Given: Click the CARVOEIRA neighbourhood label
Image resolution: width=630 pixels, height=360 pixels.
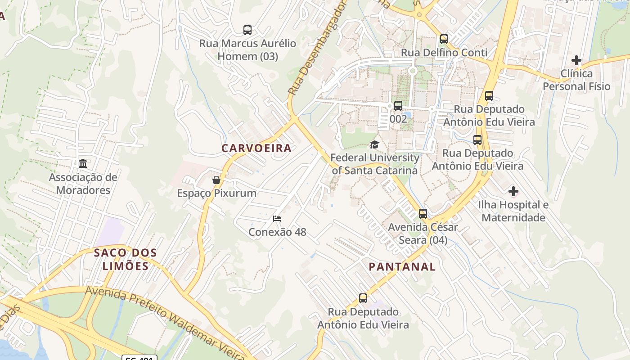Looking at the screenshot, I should pyautogui.click(x=256, y=148).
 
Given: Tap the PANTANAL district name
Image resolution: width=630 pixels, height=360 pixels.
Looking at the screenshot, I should pyautogui.click(x=402, y=266).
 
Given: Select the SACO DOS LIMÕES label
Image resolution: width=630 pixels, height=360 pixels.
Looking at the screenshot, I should pyautogui.click(x=126, y=259).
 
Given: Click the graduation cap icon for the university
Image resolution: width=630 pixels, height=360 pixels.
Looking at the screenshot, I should pyautogui.click(x=374, y=144).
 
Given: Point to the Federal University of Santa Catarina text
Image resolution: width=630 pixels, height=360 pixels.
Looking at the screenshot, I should pyautogui.click(x=374, y=164).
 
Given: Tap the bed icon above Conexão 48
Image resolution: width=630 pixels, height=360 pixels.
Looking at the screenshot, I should pyautogui.click(x=277, y=219).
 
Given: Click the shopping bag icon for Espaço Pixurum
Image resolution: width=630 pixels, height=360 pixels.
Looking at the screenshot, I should pyautogui.click(x=216, y=180).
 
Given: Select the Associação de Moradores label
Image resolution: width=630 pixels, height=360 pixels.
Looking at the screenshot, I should pyautogui.click(x=83, y=184).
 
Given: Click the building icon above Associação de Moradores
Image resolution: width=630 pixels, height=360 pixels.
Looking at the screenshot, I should pyautogui.click(x=83, y=163).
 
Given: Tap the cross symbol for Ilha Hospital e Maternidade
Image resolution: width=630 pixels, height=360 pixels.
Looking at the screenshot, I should pyautogui.click(x=513, y=192).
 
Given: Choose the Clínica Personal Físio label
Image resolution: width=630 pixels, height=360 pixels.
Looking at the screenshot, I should pyautogui.click(x=576, y=80).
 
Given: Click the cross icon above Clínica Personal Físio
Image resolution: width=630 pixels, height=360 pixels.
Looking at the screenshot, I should pyautogui.click(x=576, y=60).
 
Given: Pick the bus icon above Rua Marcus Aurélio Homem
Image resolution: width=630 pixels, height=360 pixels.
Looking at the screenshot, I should pyautogui.click(x=247, y=30).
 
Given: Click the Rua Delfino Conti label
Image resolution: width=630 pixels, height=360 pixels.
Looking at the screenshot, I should pyautogui.click(x=444, y=53).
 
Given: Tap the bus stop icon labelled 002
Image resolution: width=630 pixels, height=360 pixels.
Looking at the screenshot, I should pyautogui.click(x=398, y=106).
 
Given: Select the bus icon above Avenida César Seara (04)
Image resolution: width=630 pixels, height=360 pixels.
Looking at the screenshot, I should pyautogui.click(x=423, y=214).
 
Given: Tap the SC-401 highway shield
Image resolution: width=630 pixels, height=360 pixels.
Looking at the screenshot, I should pyautogui.click(x=139, y=358).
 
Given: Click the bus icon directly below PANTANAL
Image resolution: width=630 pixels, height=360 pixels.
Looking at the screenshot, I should pyautogui.click(x=363, y=298).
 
